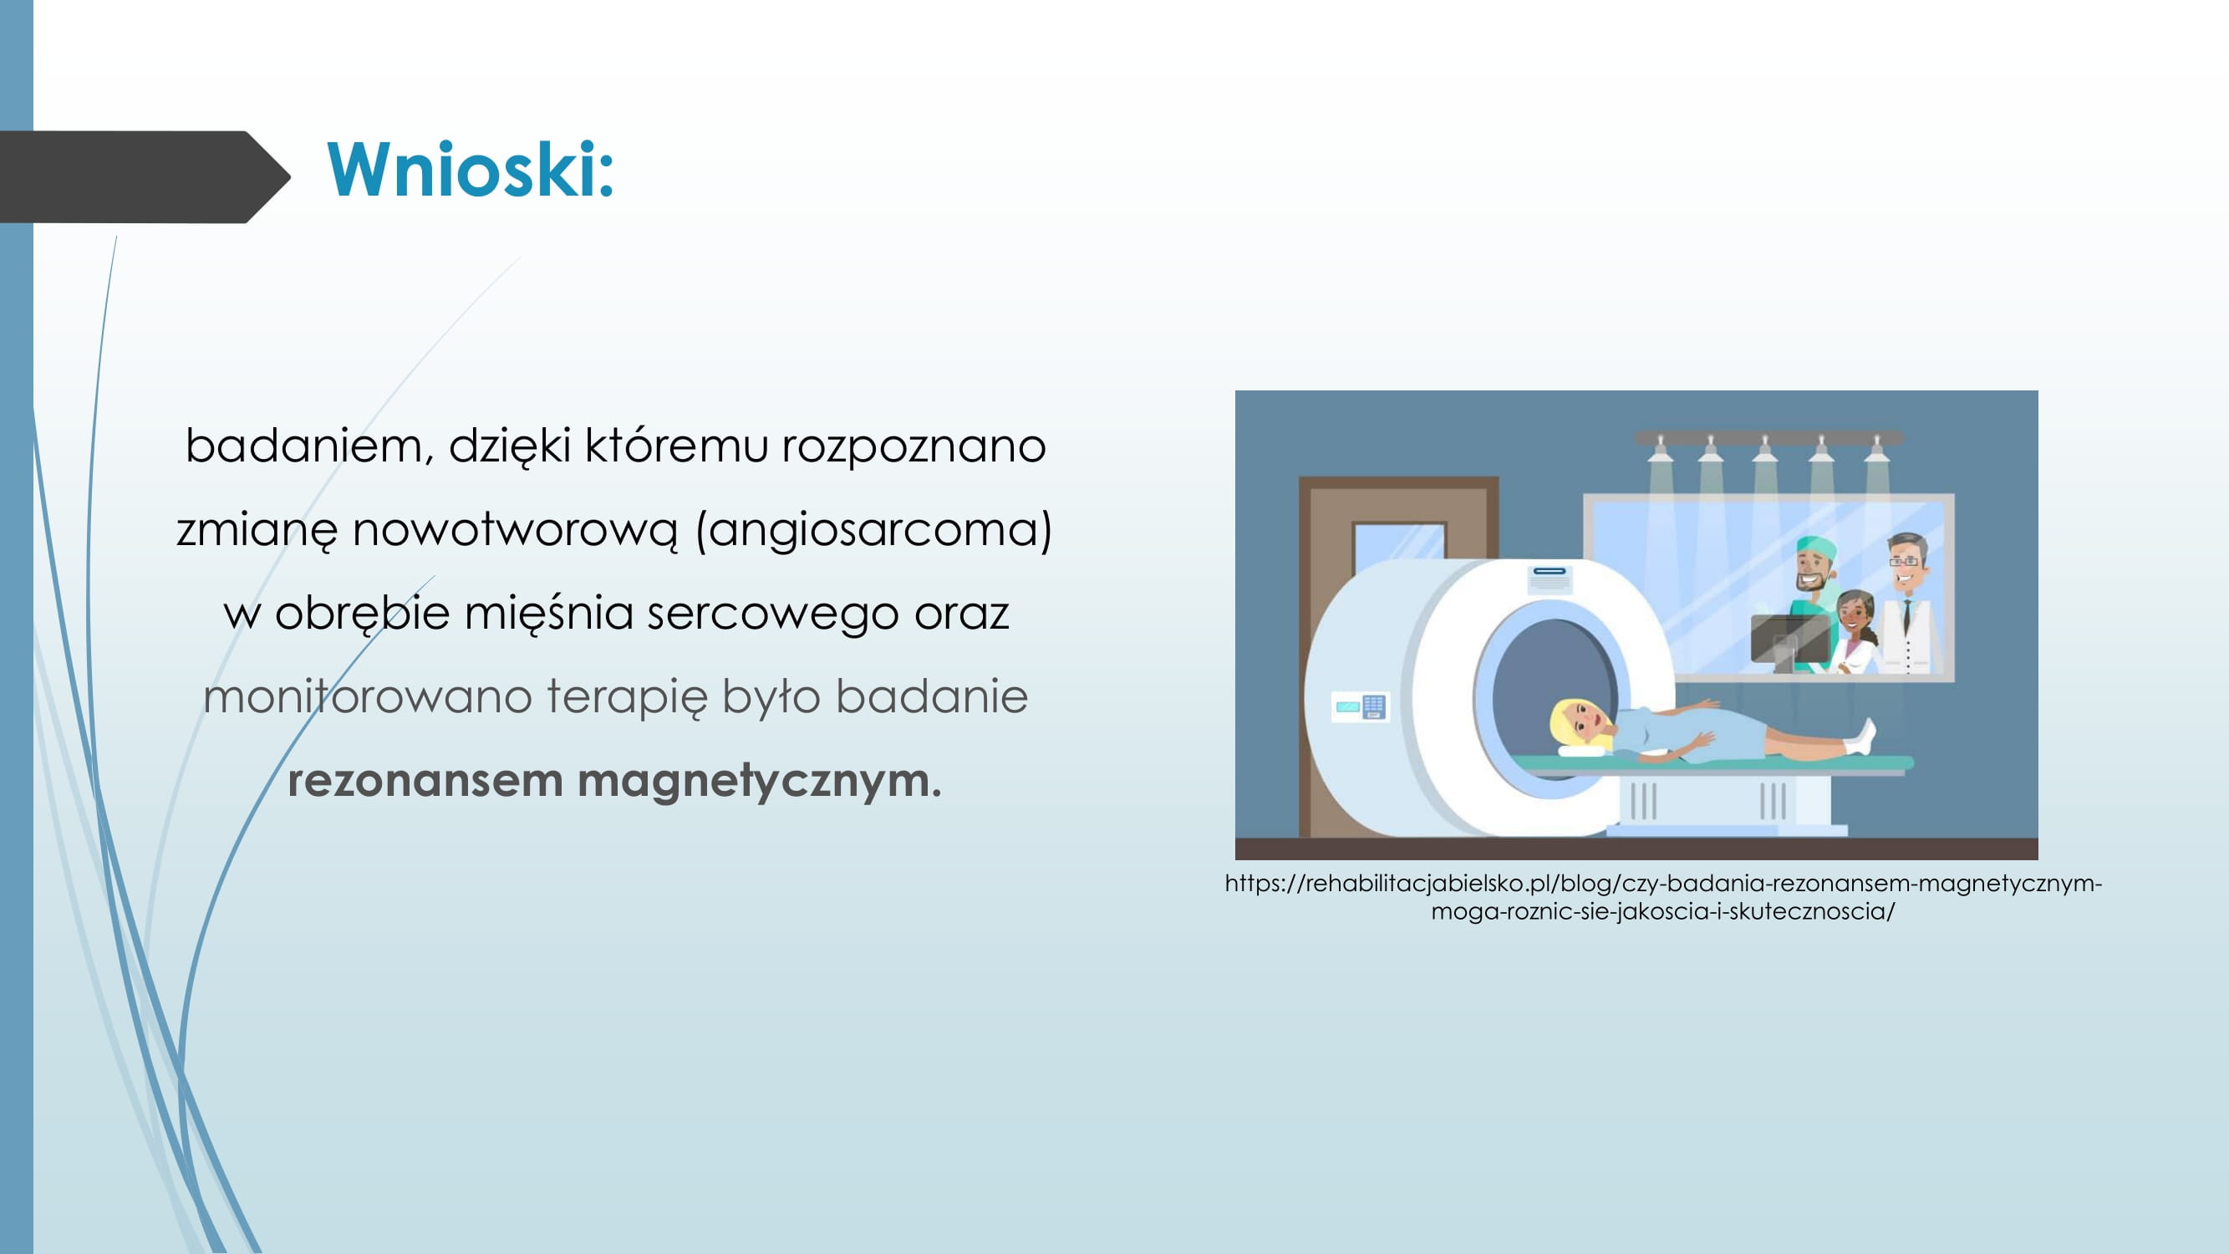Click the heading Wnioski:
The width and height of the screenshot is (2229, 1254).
click(x=470, y=170)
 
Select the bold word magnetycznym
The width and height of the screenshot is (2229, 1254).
click(x=759, y=782)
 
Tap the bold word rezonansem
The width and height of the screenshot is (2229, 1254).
click(x=425, y=781)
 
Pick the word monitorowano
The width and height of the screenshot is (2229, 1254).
click(x=367, y=696)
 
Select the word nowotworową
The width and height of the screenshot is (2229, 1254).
click(x=516, y=530)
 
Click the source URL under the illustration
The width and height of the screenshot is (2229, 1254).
click(x=1663, y=896)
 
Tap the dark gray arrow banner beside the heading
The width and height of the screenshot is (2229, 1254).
click(x=144, y=176)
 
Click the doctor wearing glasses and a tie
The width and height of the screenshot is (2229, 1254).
click(x=1909, y=604)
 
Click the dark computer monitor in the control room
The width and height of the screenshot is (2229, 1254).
click(x=1789, y=640)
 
